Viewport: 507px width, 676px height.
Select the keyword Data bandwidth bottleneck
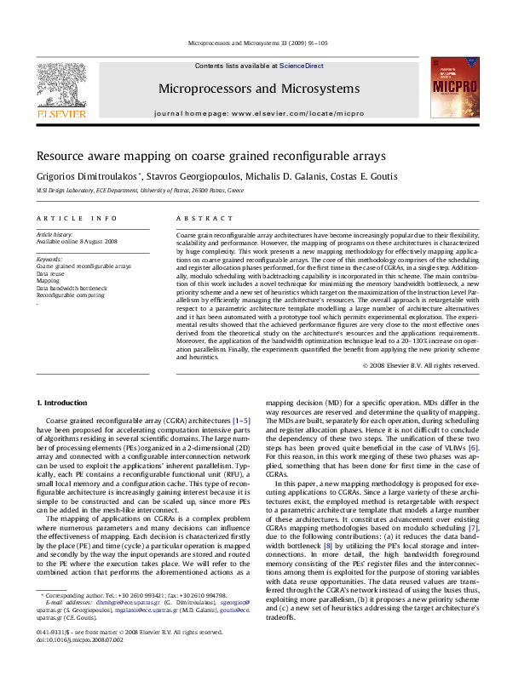click(72, 288)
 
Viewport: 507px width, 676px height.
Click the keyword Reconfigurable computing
click(72, 295)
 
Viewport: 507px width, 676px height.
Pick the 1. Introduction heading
click(65, 401)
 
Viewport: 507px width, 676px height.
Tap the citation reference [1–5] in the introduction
click(241, 421)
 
